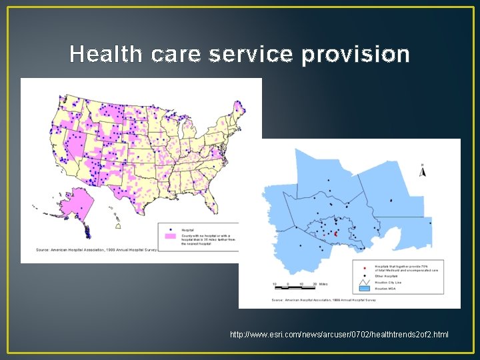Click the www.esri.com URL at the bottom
pos(339,334)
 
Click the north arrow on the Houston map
pos(422,171)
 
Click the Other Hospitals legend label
pos(387,275)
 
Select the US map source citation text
pos(97,250)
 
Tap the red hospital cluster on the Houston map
pos(335,234)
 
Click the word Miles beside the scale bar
pos(322,284)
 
